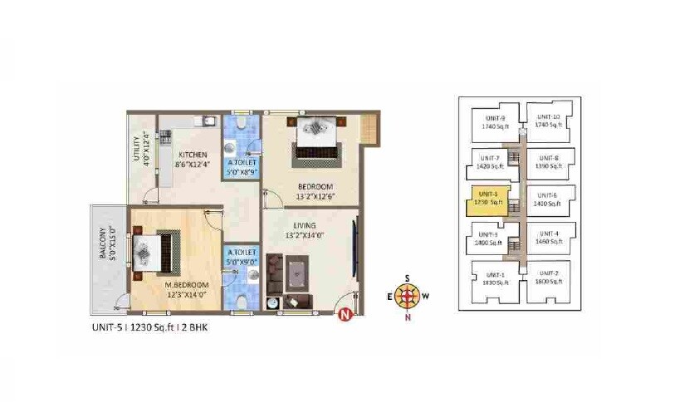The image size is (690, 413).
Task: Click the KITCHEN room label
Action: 192,155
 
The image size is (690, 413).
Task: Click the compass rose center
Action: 407,295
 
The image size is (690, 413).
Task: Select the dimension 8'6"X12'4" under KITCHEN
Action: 192,165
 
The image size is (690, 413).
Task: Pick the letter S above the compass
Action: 407,278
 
